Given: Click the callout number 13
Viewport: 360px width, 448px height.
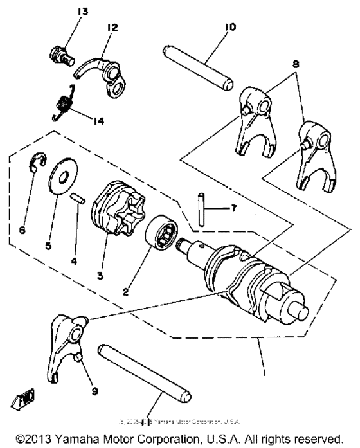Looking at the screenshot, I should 85,12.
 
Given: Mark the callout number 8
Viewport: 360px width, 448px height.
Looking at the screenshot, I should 295,64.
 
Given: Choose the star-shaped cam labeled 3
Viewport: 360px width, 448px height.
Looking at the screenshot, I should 116,207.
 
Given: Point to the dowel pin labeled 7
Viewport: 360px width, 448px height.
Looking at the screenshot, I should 201,210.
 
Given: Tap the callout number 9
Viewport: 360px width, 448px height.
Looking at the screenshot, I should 78,388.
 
